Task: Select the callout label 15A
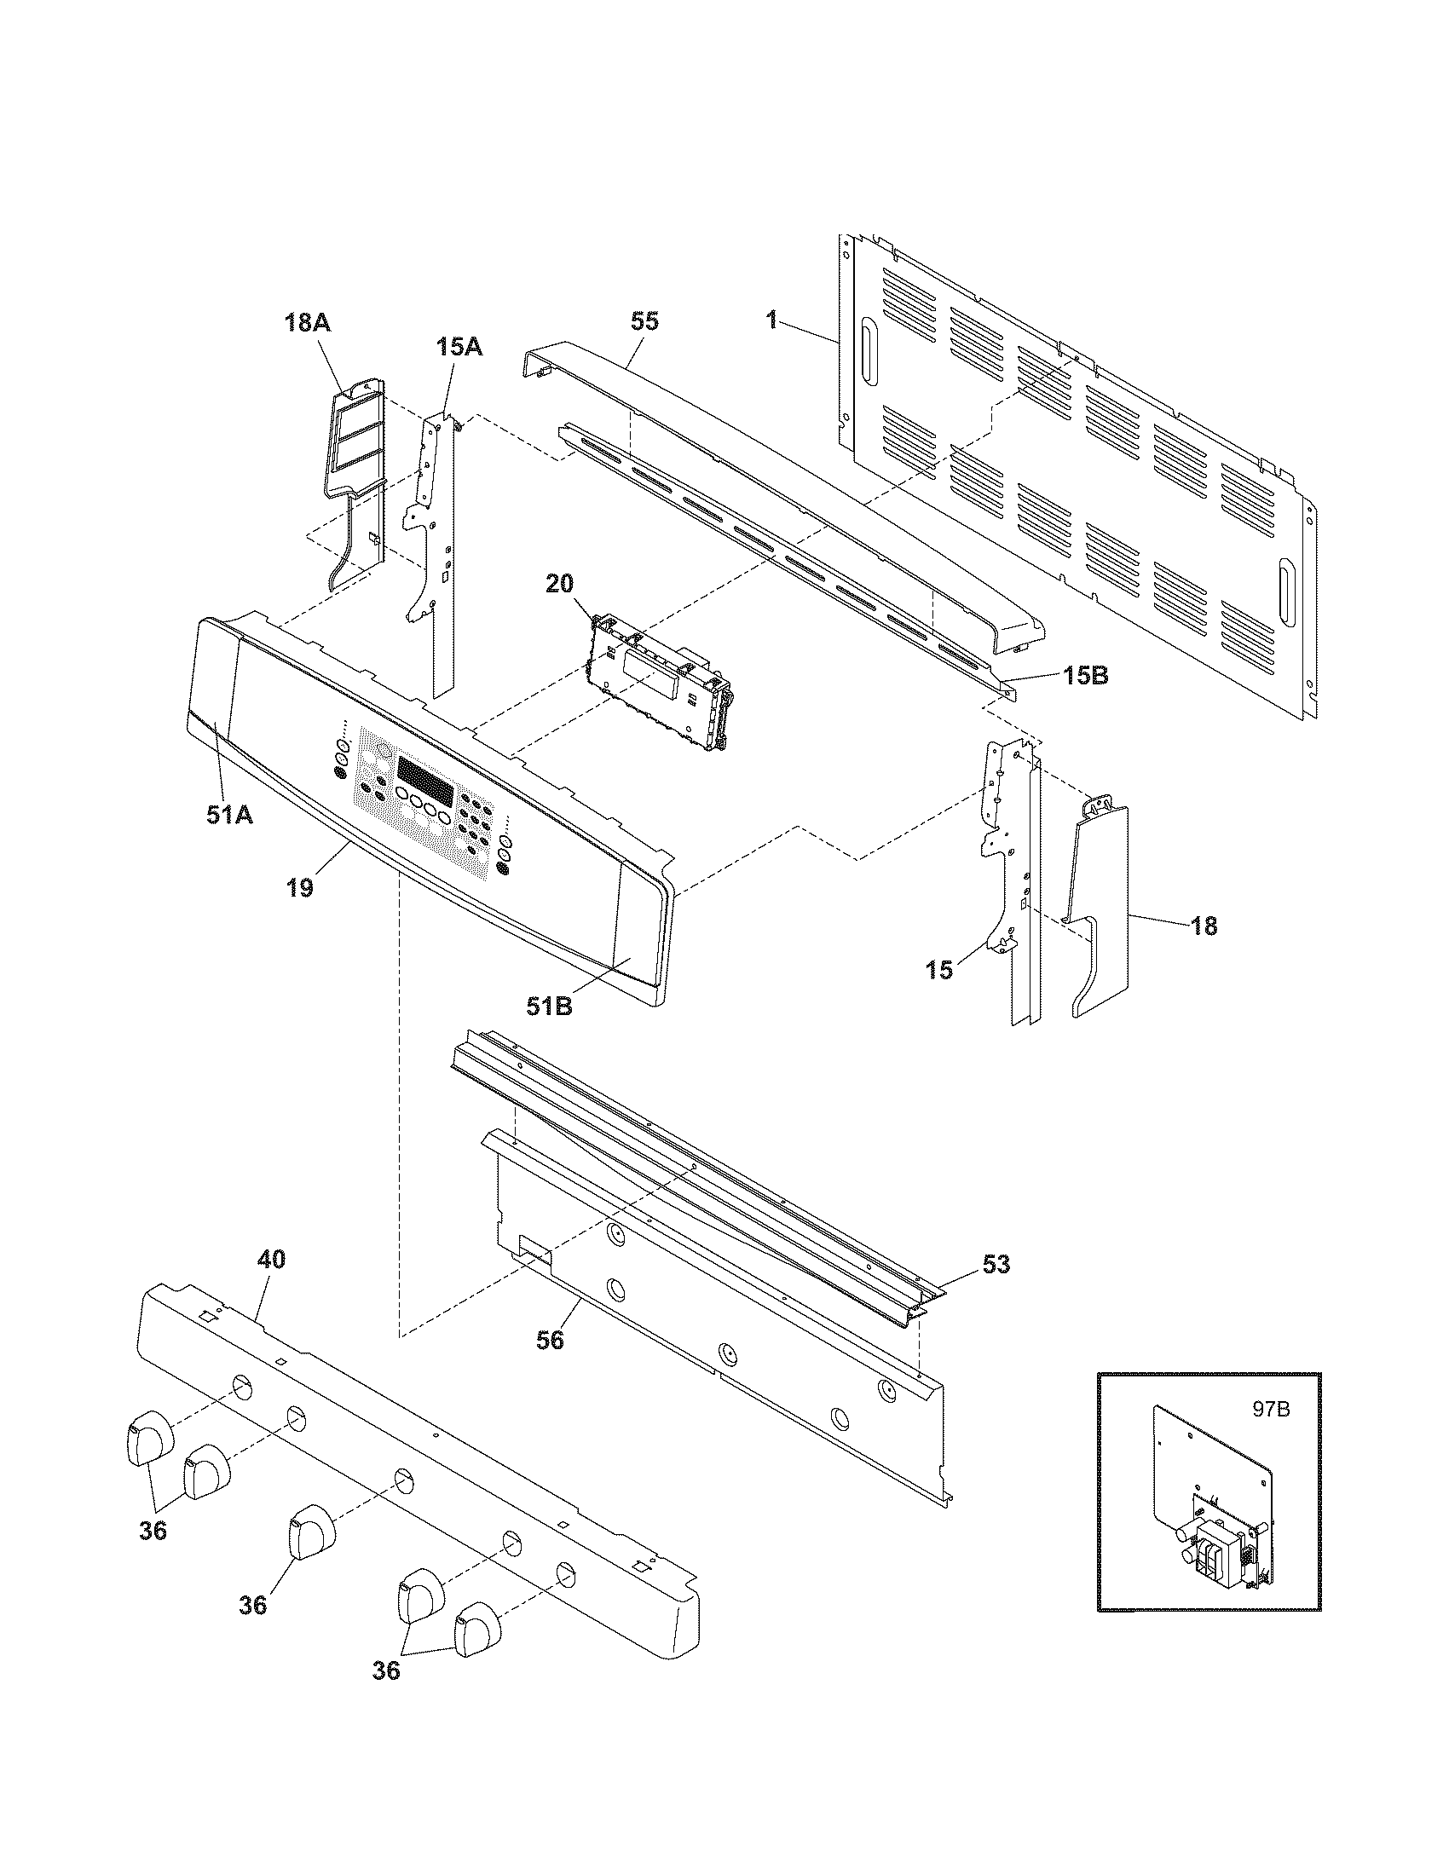(x=459, y=347)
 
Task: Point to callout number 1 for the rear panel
(x=771, y=321)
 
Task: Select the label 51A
(x=229, y=815)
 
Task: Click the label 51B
(x=550, y=1006)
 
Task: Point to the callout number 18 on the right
(x=1204, y=926)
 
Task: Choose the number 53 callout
(x=996, y=1265)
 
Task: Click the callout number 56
(x=551, y=1339)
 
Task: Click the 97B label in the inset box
(x=1271, y=1411)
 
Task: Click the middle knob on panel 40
(x=309, y=1531)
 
